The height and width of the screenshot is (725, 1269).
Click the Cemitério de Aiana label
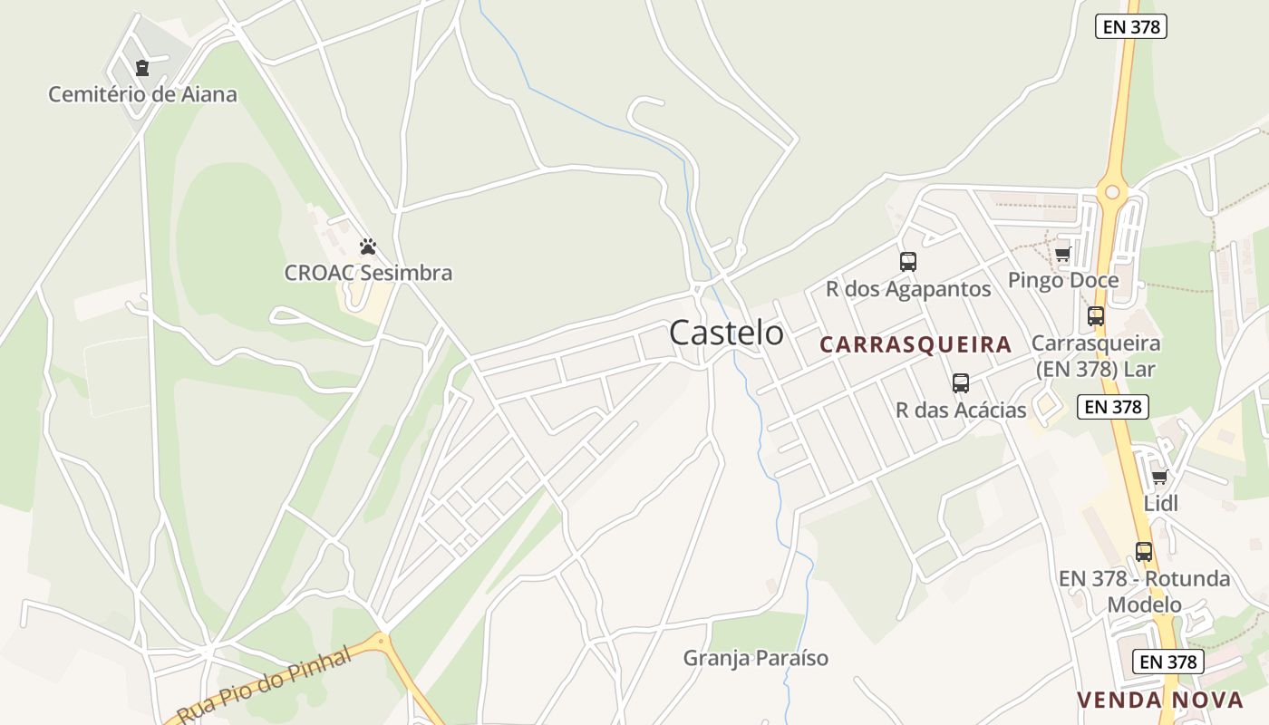142,94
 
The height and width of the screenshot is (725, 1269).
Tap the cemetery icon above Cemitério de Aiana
142,68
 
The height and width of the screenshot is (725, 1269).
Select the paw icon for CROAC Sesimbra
367,246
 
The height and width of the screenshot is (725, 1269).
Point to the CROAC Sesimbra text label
368,273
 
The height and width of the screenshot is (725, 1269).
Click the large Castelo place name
726,333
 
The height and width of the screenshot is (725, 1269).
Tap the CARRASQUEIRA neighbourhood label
915,344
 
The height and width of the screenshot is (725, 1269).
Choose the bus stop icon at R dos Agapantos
907,262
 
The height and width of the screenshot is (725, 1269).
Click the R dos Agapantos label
908,289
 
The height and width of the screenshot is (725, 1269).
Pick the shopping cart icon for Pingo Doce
1062,254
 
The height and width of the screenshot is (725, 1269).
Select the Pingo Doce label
1063,280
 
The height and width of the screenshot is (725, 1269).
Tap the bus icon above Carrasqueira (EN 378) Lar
1096,316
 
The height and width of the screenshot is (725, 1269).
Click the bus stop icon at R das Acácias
961,383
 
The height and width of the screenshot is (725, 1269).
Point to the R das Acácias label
961,410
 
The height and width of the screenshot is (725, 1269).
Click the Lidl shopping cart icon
1159,477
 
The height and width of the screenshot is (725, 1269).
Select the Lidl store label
1161,503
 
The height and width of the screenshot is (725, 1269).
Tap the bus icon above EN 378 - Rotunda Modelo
1144,551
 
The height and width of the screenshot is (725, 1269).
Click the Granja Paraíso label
756,658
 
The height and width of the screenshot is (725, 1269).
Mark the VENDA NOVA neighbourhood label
1160,700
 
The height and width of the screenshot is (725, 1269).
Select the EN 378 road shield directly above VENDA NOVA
1168,662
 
